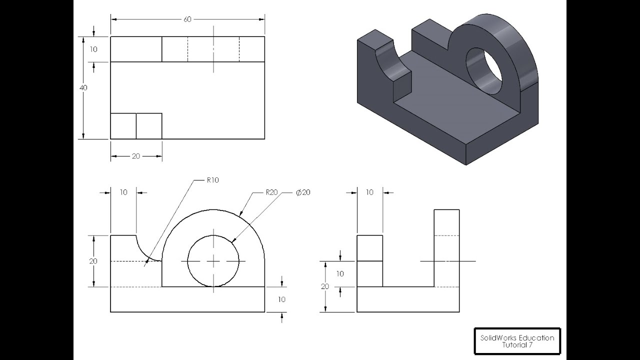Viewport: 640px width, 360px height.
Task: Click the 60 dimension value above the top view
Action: tap(187, 19)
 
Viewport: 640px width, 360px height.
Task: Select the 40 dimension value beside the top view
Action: tap(83, 87)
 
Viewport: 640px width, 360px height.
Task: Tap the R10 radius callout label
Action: tap(212, 180)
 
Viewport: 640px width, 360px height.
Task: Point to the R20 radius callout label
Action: tap(271, 192)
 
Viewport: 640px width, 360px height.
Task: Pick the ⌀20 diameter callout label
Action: tap(303, 192)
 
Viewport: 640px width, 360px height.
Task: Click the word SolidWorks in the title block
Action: tap(497, 337)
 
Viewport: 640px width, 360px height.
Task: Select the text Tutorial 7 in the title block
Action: tap(517, 345)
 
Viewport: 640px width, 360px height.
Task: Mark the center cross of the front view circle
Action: tap(213, 261)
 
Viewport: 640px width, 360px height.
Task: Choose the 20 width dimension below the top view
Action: tap(136, 156)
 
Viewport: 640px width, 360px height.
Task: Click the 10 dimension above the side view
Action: tap(369, 192)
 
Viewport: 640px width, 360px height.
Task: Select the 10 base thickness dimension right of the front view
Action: tap(281, 299)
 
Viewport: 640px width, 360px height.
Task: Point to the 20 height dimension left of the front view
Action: tap(93, 261)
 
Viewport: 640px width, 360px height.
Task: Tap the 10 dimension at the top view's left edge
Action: tap(93, 49)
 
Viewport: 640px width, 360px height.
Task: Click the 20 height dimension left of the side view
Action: tap(325, 286)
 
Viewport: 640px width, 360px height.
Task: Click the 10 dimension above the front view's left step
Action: tap(123, 192)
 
